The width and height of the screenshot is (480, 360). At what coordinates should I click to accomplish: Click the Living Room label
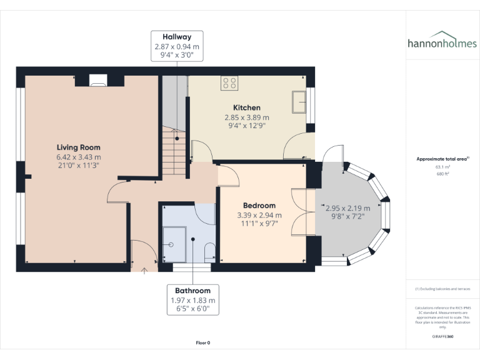(78, 147)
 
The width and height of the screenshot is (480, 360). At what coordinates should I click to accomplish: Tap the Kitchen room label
(247, 107)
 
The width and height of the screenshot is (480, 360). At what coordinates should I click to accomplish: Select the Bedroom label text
(259, 206)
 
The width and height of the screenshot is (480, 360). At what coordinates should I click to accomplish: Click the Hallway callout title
(177, 37)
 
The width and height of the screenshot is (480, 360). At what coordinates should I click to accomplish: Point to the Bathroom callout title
(192, 291)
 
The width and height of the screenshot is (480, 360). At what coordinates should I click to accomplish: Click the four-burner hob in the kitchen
(229, 84)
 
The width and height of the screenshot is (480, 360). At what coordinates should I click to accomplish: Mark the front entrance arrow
(145, 270)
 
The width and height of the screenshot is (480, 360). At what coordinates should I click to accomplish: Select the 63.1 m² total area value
(442, 167)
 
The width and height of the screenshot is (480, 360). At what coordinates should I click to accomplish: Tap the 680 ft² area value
(442, 174)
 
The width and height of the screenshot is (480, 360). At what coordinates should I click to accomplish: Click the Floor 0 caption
(203, 342)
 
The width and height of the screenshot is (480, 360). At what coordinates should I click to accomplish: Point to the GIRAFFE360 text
(442, 336)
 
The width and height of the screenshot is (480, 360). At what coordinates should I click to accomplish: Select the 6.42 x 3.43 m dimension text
(78, 157)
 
